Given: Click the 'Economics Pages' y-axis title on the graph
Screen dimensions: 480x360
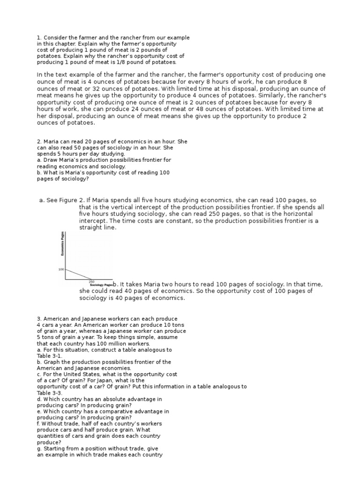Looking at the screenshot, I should tap(63, 244).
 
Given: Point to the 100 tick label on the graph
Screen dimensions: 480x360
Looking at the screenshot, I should tap(61, 270).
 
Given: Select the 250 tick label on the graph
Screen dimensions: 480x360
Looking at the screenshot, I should tap(91, 281).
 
